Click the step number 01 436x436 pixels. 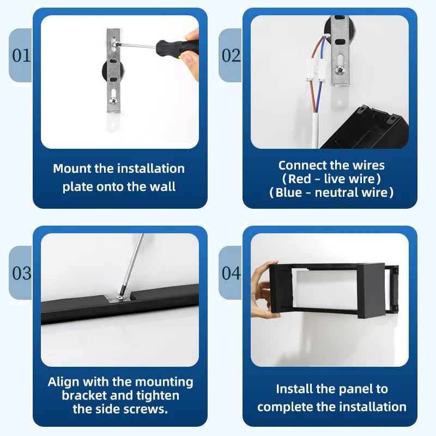[21, 56]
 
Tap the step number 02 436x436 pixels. [231, 56]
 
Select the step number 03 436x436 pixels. [21, 273]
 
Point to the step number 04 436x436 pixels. [231, 273]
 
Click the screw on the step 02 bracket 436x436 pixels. [340, 70]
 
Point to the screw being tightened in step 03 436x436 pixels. [120, 298]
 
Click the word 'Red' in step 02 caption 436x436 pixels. [299, 179]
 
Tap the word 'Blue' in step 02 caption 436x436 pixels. [289, 192]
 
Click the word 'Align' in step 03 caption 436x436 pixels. [64, 382]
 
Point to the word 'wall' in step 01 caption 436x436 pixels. [163, 186]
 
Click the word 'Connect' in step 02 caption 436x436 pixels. [297, 166]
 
